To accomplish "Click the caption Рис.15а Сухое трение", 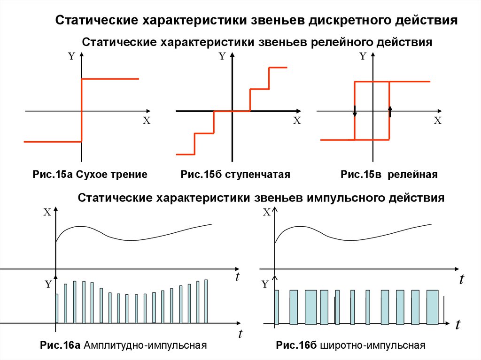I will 90,175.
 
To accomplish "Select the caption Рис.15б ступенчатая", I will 235,175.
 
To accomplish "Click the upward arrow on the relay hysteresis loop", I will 390,110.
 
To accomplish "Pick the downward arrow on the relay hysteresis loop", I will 355,111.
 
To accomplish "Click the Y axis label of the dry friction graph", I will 71,56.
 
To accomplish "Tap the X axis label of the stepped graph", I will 296,121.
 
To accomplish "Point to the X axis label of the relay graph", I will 437,121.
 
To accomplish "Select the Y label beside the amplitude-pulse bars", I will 47,284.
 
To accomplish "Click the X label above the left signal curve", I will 47,212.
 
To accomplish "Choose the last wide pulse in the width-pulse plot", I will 432,306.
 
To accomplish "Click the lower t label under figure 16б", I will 458,325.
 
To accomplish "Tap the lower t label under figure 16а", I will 240,334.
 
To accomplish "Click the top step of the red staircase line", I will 278,69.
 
